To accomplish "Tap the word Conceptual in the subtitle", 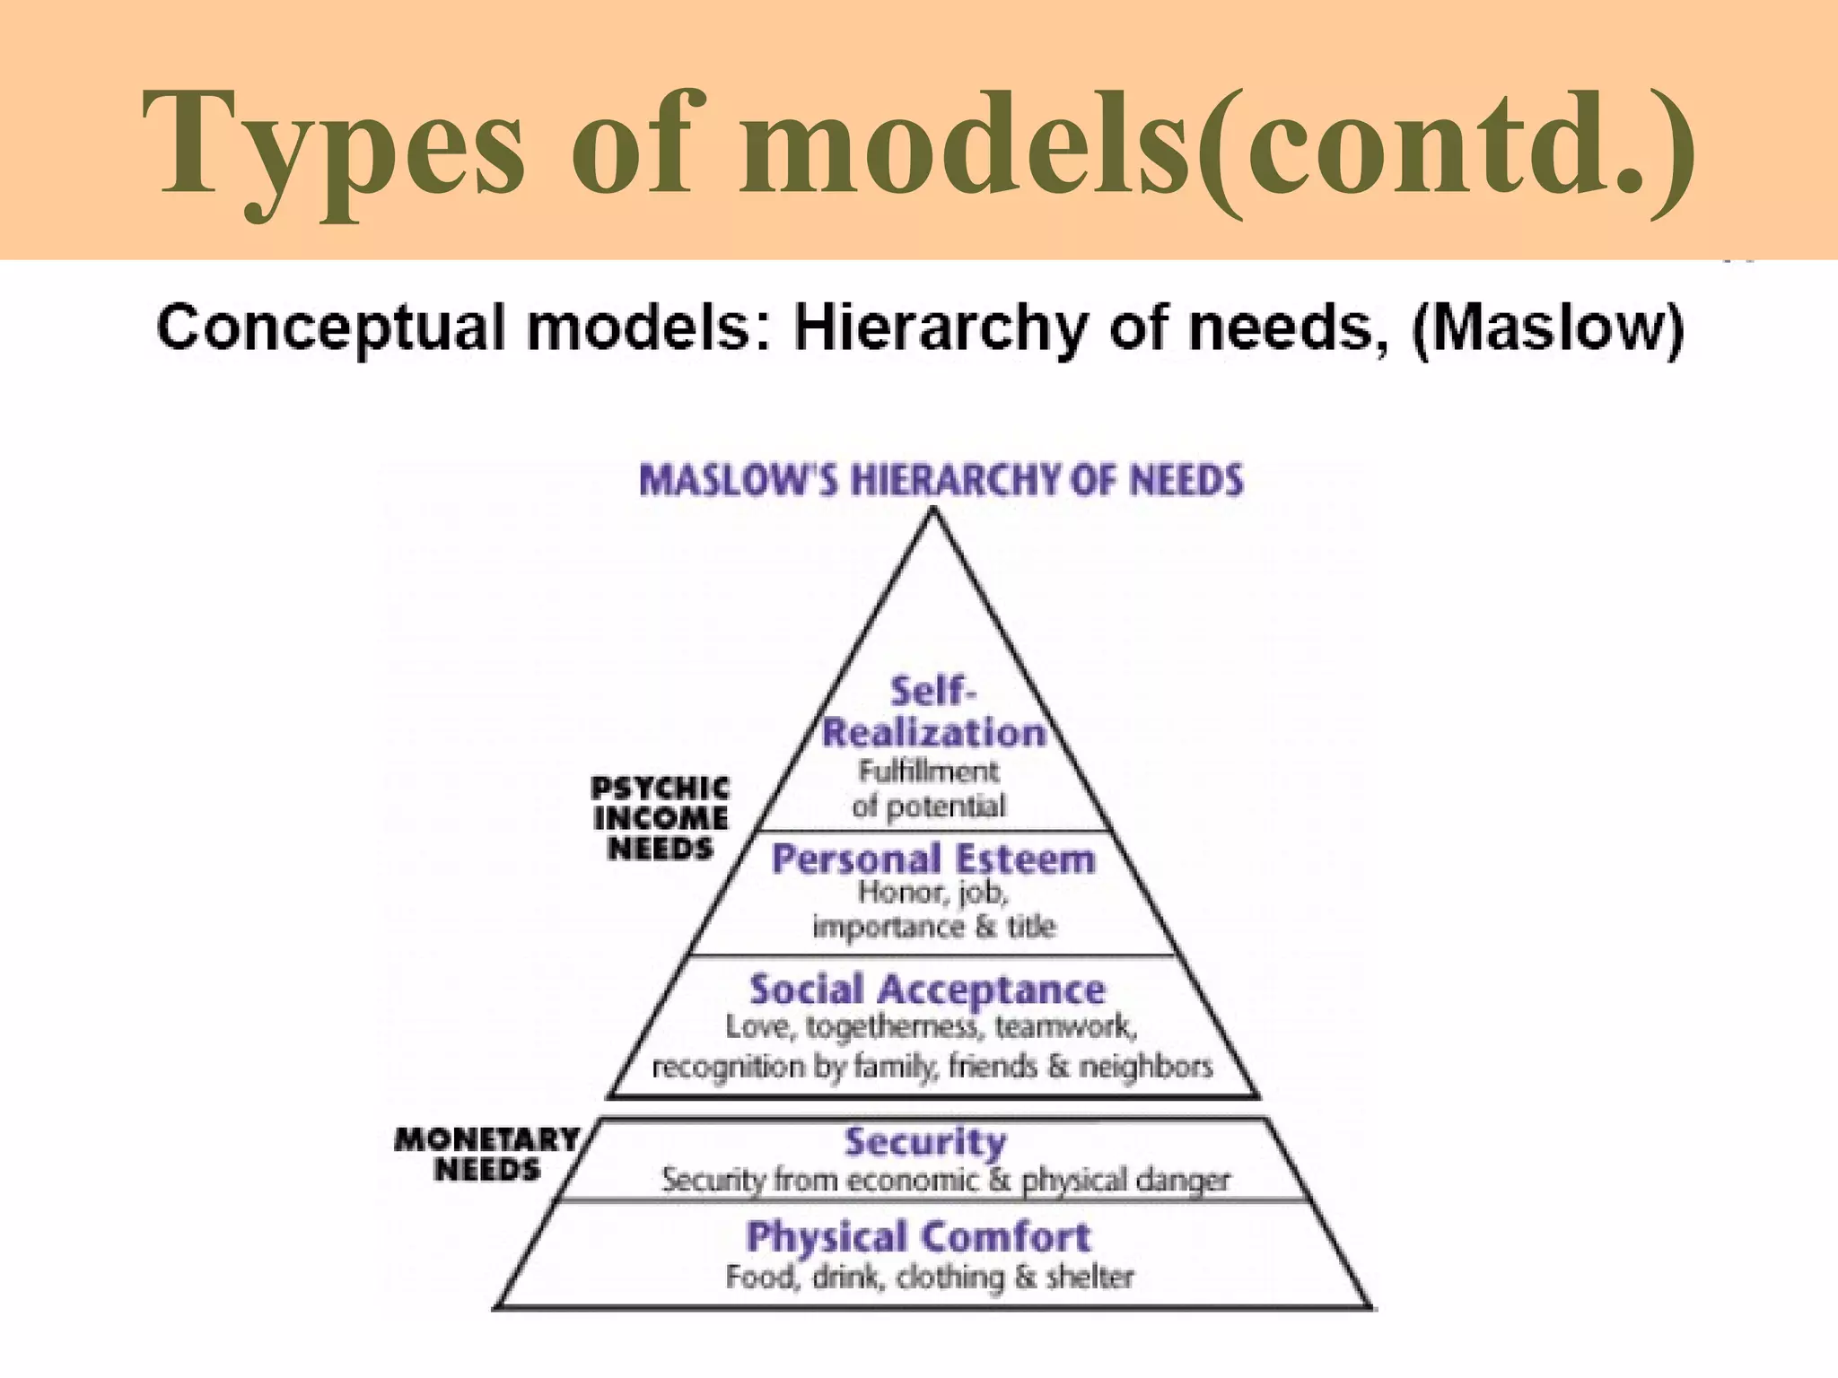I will coord(333,328).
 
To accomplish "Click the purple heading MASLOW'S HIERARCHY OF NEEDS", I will coord(941,480).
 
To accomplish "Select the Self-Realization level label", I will coord(933,713).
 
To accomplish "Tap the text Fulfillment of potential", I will coord(929,789).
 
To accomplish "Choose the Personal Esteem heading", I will coord(933,859).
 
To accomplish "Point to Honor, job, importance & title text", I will coord(933,910).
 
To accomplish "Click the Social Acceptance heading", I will coord(927,990).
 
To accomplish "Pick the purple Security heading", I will coord(925,1142).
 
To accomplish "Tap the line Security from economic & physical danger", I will coord(945,1180).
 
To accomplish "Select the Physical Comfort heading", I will coord(918,1237).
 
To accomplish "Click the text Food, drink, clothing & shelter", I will coord(929,1277).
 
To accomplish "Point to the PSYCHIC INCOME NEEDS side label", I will coord(660,818).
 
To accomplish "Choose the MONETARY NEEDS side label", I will coord(487,1155).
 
